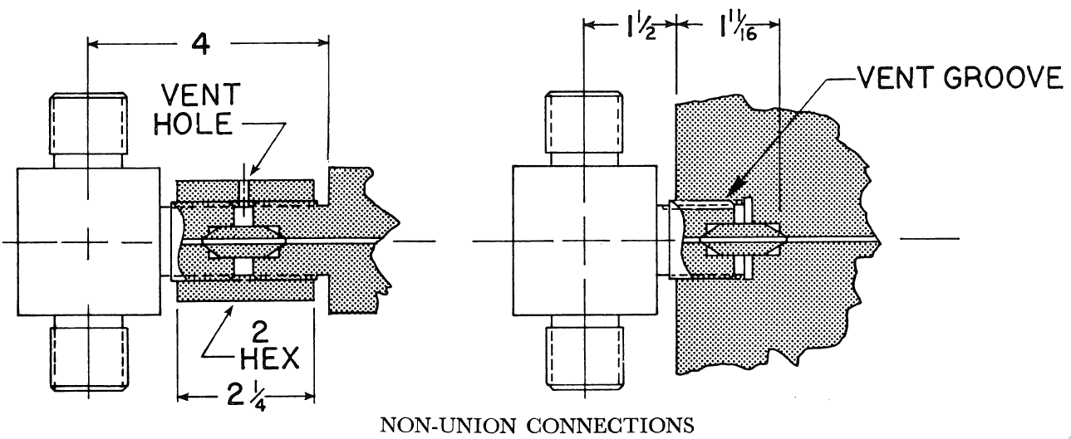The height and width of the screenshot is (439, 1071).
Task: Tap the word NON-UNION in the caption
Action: click(x=440, y=427)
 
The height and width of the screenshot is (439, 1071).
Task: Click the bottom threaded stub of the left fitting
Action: click(x=89, y=356)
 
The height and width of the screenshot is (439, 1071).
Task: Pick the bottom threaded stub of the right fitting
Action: click(x=582, y=356)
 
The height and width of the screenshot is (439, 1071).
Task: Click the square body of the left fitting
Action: click(x=89, y=241)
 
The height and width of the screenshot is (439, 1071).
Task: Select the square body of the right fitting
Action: click(x=582, y=241)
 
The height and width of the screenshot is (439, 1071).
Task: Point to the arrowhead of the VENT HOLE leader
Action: click(x=245, y=180)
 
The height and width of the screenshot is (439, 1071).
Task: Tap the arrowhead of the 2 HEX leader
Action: click(x=231, y=307)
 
